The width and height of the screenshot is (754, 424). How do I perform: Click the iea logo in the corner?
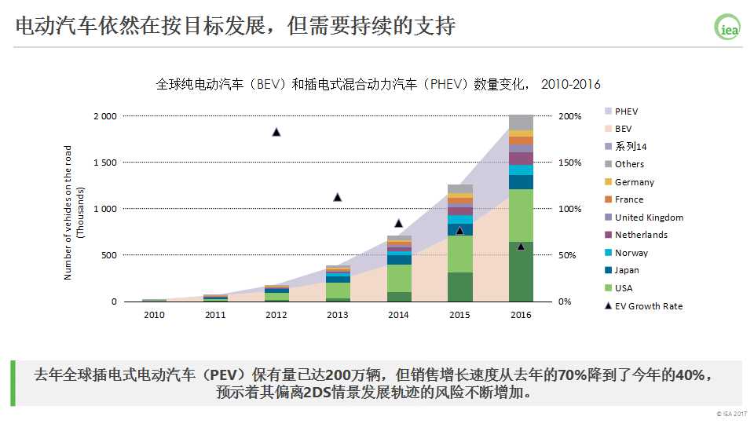coord(727,26)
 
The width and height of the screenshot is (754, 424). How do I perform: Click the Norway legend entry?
coord(631,253)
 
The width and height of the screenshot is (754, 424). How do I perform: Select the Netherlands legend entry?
coord(640,235)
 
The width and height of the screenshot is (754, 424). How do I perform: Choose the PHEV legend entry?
coord(626,111)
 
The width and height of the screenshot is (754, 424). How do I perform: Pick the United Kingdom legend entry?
coord(648,217)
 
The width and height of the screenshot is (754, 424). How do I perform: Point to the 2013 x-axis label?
coord(338,315)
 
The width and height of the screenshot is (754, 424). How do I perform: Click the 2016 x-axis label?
coord(521,315)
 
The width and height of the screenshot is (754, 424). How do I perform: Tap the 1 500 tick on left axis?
coord(104,163)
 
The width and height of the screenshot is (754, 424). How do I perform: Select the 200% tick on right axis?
coord(570,116)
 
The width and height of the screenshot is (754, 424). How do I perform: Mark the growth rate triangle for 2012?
coord(276,132)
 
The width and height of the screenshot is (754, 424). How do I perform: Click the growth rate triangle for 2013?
coord(338,197)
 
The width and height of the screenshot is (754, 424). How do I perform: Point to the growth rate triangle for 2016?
coord(521,247)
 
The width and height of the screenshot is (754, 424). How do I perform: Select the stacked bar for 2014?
coord(399,269)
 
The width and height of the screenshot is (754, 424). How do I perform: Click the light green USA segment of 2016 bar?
coord(521,215)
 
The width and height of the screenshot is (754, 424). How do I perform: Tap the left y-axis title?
coord(74,212)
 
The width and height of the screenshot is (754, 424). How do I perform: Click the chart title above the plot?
coord(378,84)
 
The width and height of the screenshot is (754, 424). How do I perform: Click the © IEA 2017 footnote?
coord(732,414)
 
